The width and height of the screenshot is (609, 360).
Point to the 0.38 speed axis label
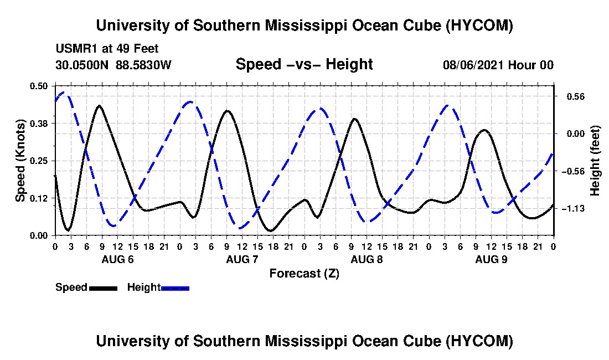click(x=39, y=124)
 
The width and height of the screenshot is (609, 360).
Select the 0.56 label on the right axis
click(x=576, y=97)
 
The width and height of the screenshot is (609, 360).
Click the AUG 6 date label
click(x=118, y=259)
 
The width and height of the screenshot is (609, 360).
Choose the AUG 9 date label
click(x=491, y=259)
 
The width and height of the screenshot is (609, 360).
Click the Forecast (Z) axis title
click(x=304, y=274)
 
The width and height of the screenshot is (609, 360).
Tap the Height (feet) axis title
click(x=595, y=161)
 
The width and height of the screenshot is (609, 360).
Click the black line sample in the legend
click(x=104, y=288)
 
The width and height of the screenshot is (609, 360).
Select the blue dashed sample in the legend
click(x=175, y=288)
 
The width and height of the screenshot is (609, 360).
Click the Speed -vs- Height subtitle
click(x=304, y=64)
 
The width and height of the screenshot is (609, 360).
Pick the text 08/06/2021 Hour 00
click(x=498, y=65)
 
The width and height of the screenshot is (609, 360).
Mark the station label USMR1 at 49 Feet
click(x=107, y=49)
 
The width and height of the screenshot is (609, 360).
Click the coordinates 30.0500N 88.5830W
click(x=113, y=65)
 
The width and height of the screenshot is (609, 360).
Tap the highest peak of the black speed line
click(x=100, y=105)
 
